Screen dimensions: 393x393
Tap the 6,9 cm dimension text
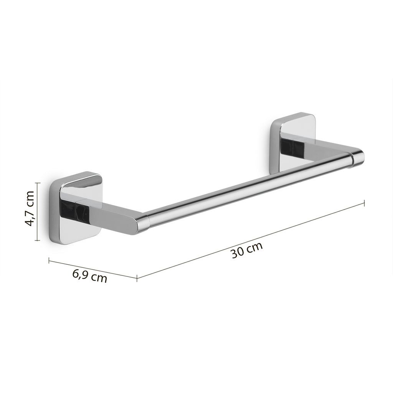pos(90,276)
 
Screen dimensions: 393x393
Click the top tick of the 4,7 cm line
pos(37,183)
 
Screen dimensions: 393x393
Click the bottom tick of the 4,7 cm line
pos(37,240)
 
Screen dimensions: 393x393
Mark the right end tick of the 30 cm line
pos(364,203)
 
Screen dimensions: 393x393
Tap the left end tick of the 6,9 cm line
pos(49,261)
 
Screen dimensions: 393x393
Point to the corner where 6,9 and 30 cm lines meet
pos(137,277)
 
